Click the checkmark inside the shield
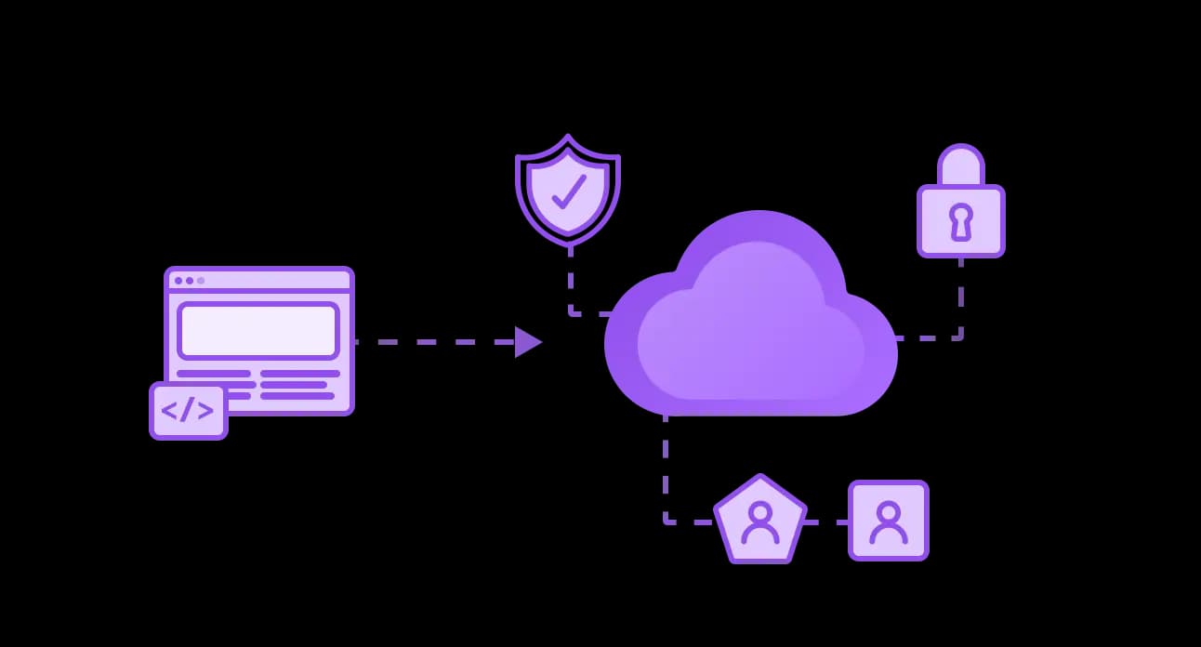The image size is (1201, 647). coord(568,191)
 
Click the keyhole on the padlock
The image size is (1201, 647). coord(960,221)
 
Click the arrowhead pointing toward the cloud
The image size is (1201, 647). coord(527,342)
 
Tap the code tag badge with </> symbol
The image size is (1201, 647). coord(189,410)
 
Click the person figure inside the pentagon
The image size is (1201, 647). coord(760,522)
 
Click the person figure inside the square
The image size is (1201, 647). coord(888,522)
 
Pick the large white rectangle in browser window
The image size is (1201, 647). coord(257,331)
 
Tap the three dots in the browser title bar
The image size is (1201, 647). coord(190,280)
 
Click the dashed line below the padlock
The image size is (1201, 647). coord(960,297)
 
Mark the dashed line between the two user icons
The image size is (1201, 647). coord(825,522)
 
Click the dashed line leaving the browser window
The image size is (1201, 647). coord(428,342)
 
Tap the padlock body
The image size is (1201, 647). coord(960,221)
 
